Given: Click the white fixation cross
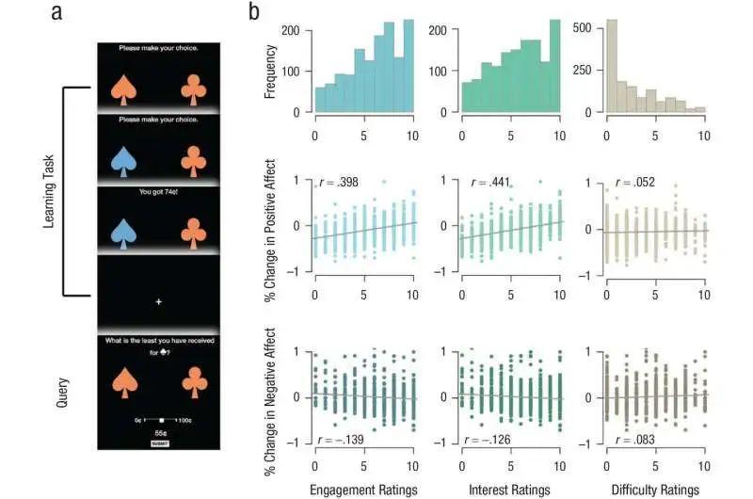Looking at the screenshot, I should click(x=159, y=301).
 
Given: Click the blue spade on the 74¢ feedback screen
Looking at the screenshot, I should click(x=123, y=233).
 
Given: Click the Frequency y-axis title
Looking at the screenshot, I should click(x=271, y=71).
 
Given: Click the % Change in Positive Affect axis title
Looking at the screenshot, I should click(x=271, y=226).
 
